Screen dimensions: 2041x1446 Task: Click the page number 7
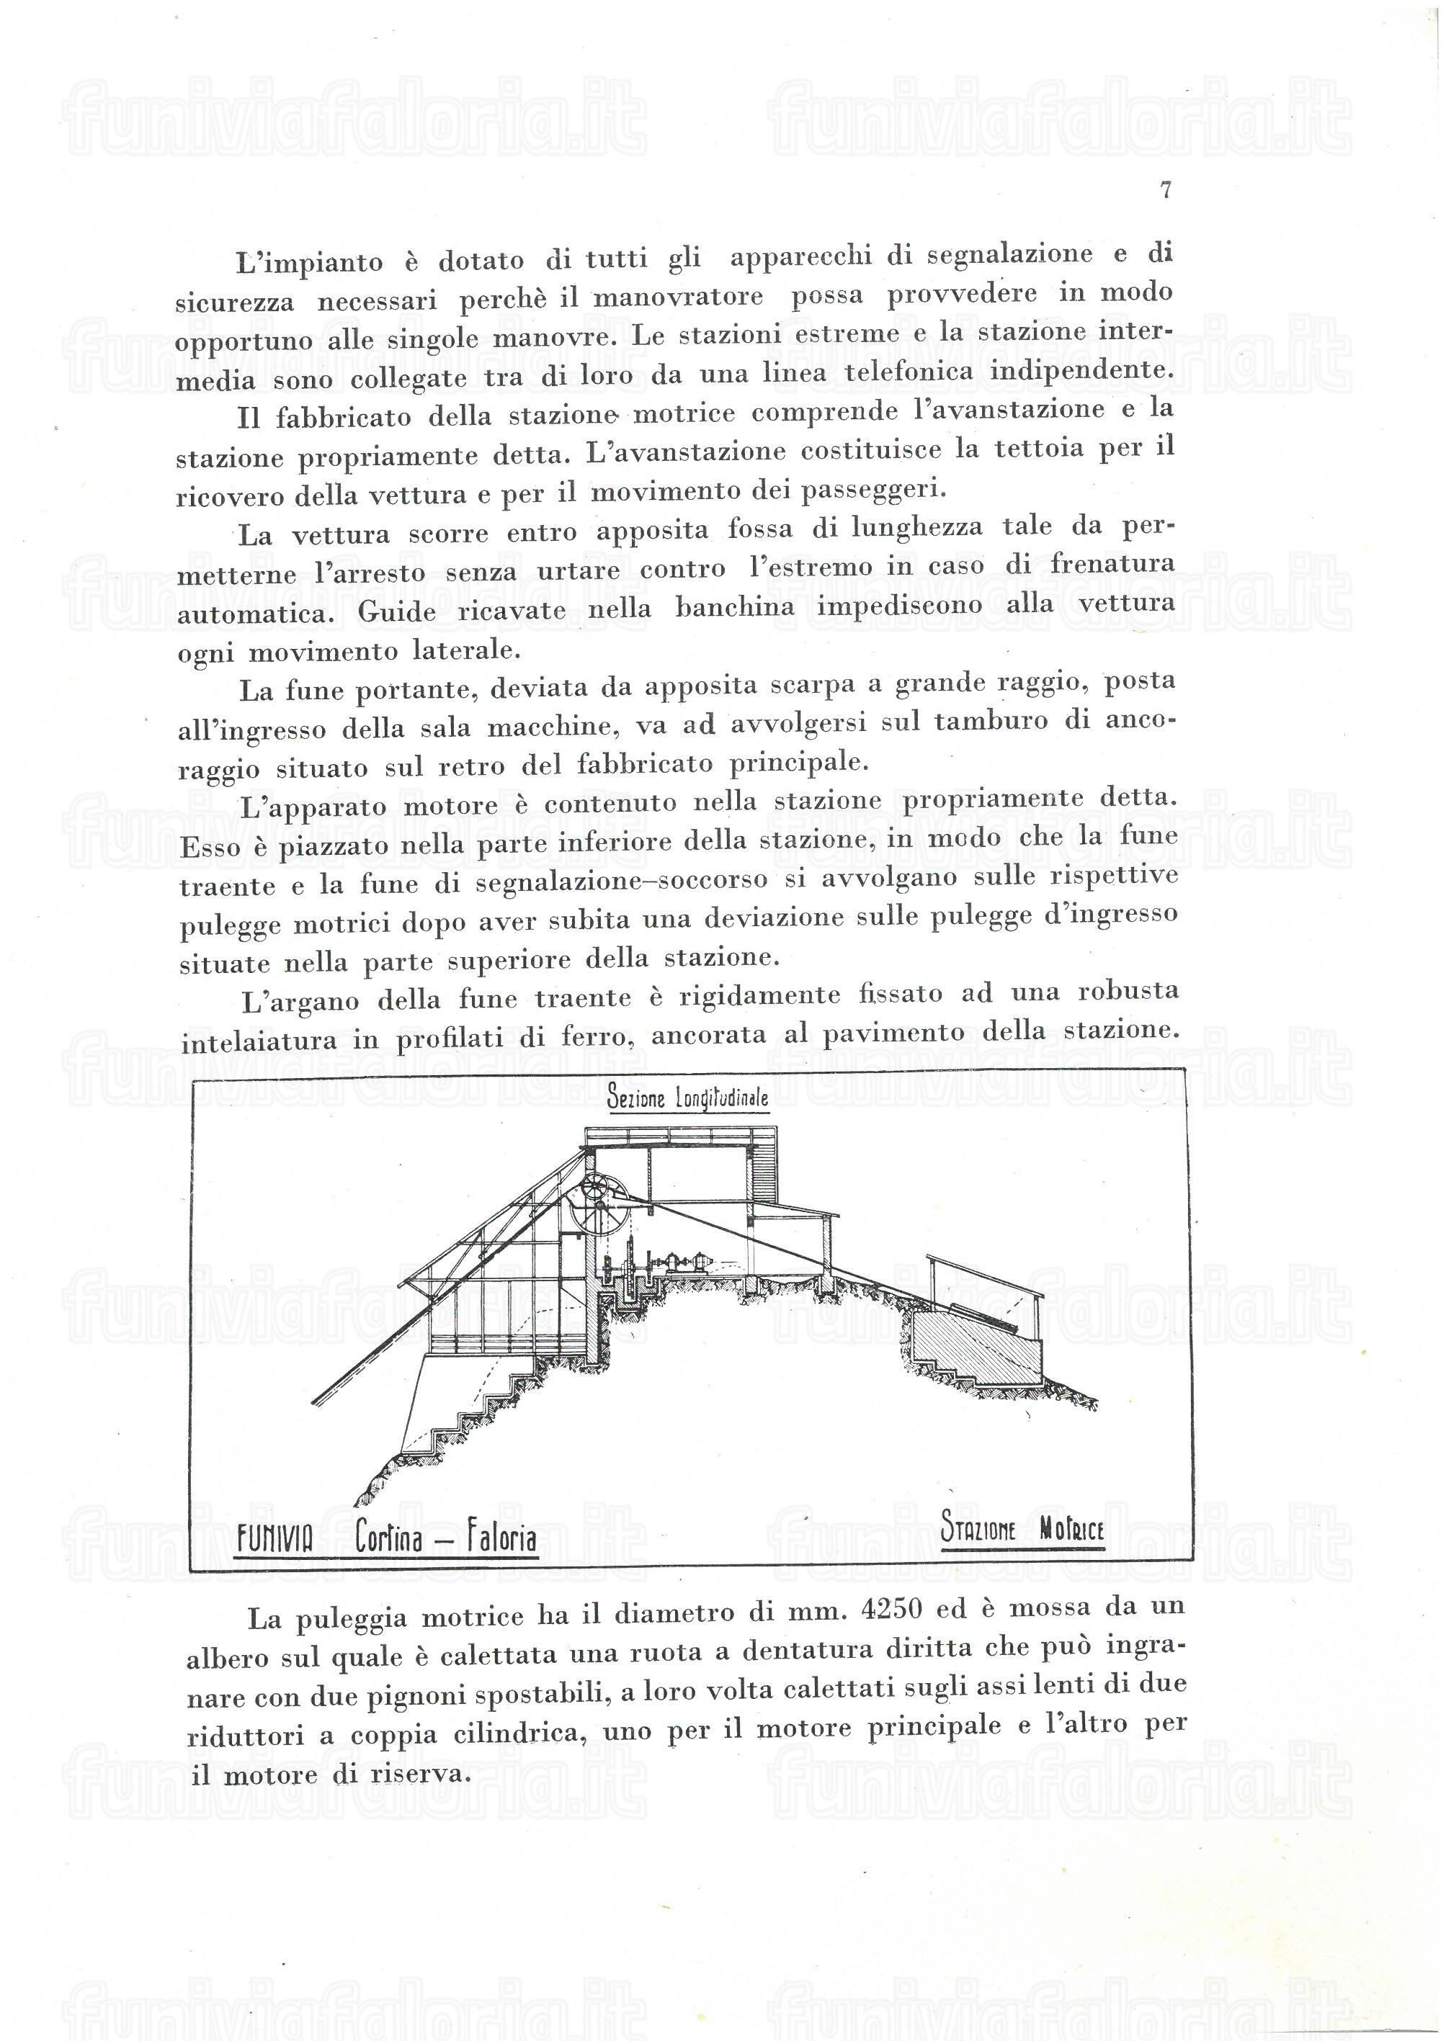[x=1166, y=189]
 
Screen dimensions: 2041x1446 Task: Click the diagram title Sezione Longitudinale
[x=687, y=1098]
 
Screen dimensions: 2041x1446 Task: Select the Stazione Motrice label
[x=1022, y=1529]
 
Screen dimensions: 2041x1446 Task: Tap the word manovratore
[x=677, y=297]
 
